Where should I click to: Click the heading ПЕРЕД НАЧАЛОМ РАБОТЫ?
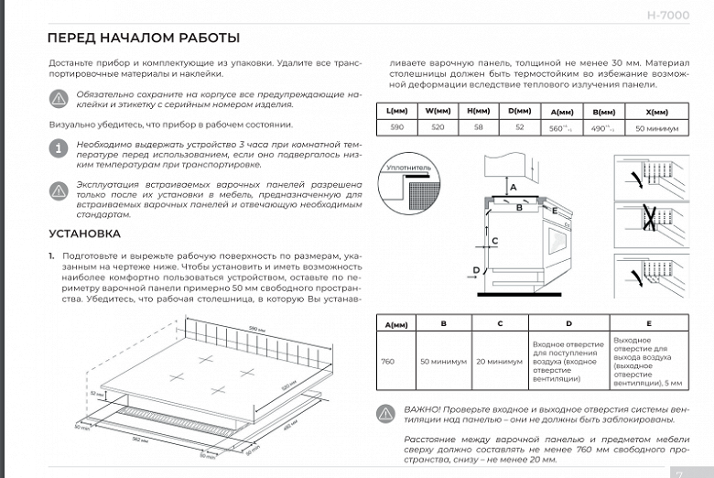(x=143, y=38)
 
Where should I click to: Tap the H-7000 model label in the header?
(x=669, y=16)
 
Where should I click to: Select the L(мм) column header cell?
(x=396, y=111)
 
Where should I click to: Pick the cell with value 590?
(x=396, y=129)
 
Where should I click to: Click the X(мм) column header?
(x=656, y=111)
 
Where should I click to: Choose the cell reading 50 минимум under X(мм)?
(x=656, y=129)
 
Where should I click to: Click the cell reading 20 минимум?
(x=499, y=361)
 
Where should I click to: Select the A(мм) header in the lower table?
(x=396, y=323)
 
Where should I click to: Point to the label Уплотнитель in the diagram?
(x=407, y=168)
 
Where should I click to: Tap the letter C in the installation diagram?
(x=494, y=241)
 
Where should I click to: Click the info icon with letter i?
(x=58, y=147)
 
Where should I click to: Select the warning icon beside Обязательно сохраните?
(x=58, y=99)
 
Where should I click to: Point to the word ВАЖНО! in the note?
(x=420, y=407)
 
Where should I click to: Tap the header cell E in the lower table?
(x=648, y=323)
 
